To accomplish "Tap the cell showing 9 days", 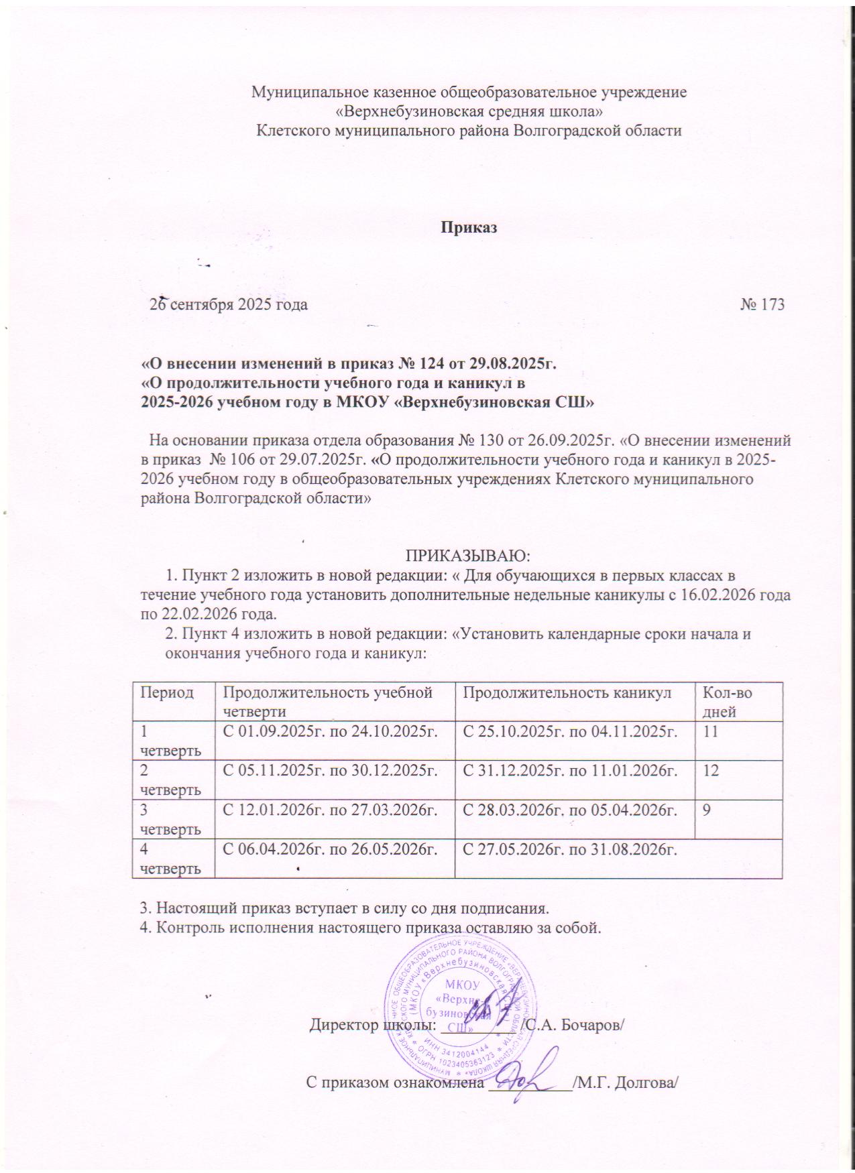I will [707, 809].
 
